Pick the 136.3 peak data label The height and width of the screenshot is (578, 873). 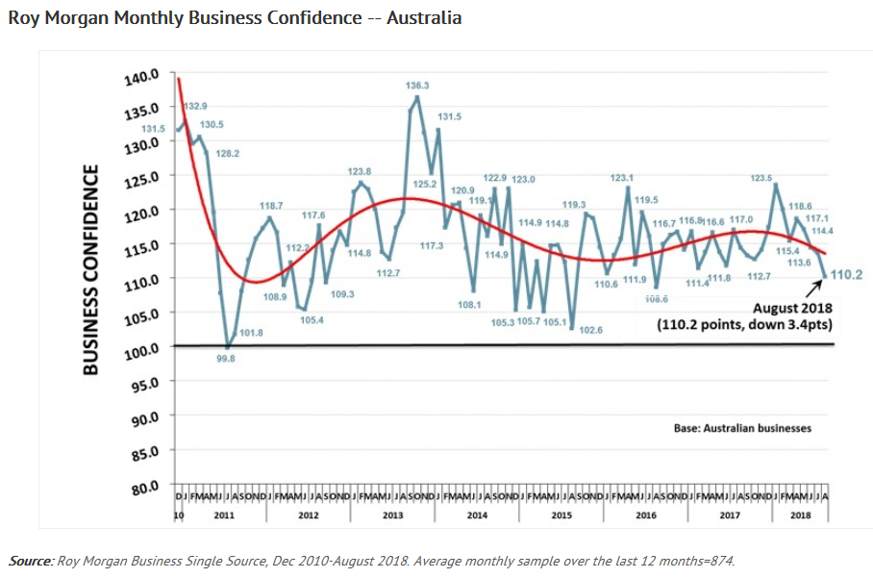point(417,86)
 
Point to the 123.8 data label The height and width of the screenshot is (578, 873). point(360,170)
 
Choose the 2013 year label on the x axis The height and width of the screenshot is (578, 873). point(392,515)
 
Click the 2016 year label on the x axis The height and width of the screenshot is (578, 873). point(645,515)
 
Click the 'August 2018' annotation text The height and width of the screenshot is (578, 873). point(789,308)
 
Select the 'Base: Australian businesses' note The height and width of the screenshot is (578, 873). point(743,427)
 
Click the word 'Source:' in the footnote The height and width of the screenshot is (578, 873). point(32,560)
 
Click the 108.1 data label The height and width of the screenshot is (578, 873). point(470,304)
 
